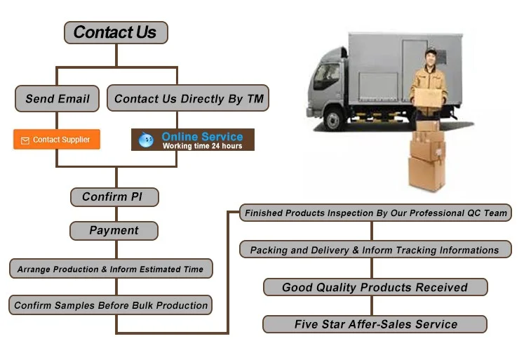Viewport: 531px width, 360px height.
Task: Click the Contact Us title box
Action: [x=116, y=32]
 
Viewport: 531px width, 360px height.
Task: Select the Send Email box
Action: [x=58, y=99]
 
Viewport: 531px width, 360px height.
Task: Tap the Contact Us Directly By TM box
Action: [x=188, y=99]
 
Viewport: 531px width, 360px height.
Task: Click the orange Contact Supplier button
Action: [x=57, y=140]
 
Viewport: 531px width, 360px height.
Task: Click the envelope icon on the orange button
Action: [x=25, y=140]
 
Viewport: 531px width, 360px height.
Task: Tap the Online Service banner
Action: [x=193, y=140]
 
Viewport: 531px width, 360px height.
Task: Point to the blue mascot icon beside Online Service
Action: [x=146, y=140]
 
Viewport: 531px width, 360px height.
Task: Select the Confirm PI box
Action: [x=114, y=196]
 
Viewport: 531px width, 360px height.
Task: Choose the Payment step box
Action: [x=114, y=230]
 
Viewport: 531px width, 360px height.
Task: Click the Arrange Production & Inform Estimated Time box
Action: [x=110, y=269]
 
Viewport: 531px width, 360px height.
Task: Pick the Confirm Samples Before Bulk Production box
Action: [x=110, y=305]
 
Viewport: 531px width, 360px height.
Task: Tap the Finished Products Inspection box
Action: [x=375, y=213]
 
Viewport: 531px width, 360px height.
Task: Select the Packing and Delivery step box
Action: [x=375, y=250]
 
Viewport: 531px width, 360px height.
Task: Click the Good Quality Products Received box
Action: [x=375, y=287]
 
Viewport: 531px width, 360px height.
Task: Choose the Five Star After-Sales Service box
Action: [x=375, y=324]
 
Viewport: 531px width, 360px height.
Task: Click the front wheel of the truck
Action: [x=333, y=120]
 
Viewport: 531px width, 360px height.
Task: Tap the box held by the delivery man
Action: [x=429, y=96]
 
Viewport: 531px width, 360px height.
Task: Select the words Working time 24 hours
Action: [x=202, y=146]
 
